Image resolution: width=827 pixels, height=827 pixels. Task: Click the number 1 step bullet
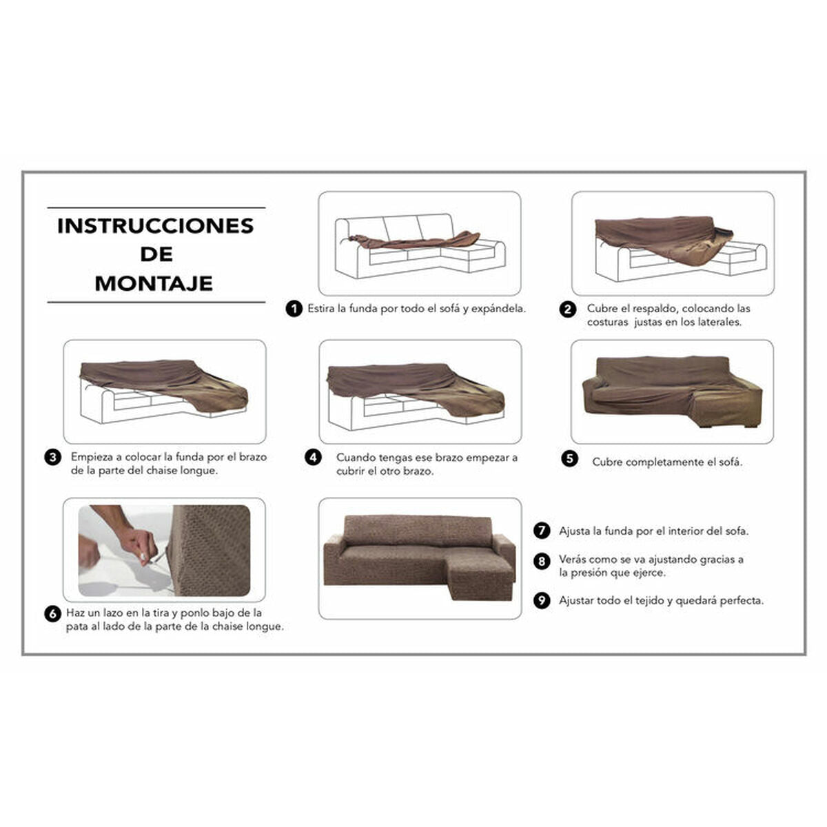pyautogui.click(x=294, y=309)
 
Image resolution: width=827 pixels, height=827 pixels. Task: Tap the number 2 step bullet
pyautogui.click(x=567, y=309)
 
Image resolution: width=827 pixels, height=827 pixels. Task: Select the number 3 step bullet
pyautogui.click(x=52, y=457)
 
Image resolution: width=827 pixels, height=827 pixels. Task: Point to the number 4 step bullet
pyautogui.click(x=314, y=458)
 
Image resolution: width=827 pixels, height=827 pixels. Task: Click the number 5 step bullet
pyautogui.click(x=569, y=459)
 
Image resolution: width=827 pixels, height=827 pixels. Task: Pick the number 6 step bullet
pyautogui.click(x=53, y=613)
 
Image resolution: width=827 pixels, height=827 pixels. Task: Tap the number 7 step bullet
pyautogui.click(x=542, y=531)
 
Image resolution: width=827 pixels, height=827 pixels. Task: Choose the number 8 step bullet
pyautogui.click(x=542, y=561)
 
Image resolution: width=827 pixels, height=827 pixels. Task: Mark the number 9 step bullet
pyautogui.click(x=542, y=601)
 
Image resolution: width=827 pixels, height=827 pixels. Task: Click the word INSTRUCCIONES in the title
pyautogui.click(x=156, y=226)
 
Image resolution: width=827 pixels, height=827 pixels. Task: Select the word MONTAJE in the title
pyautogui.click(x=154, y=283)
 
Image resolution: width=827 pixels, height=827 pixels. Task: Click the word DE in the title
pyautogui.click(x=156, y=254)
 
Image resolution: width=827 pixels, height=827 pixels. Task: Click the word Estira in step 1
pyautogui.click(x=321, y=309)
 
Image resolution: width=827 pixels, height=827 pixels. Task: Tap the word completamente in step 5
pyautogui.click(x=659, y=462)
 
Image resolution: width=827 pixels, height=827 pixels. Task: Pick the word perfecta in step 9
pyautogui.click(x=742, y=601)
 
